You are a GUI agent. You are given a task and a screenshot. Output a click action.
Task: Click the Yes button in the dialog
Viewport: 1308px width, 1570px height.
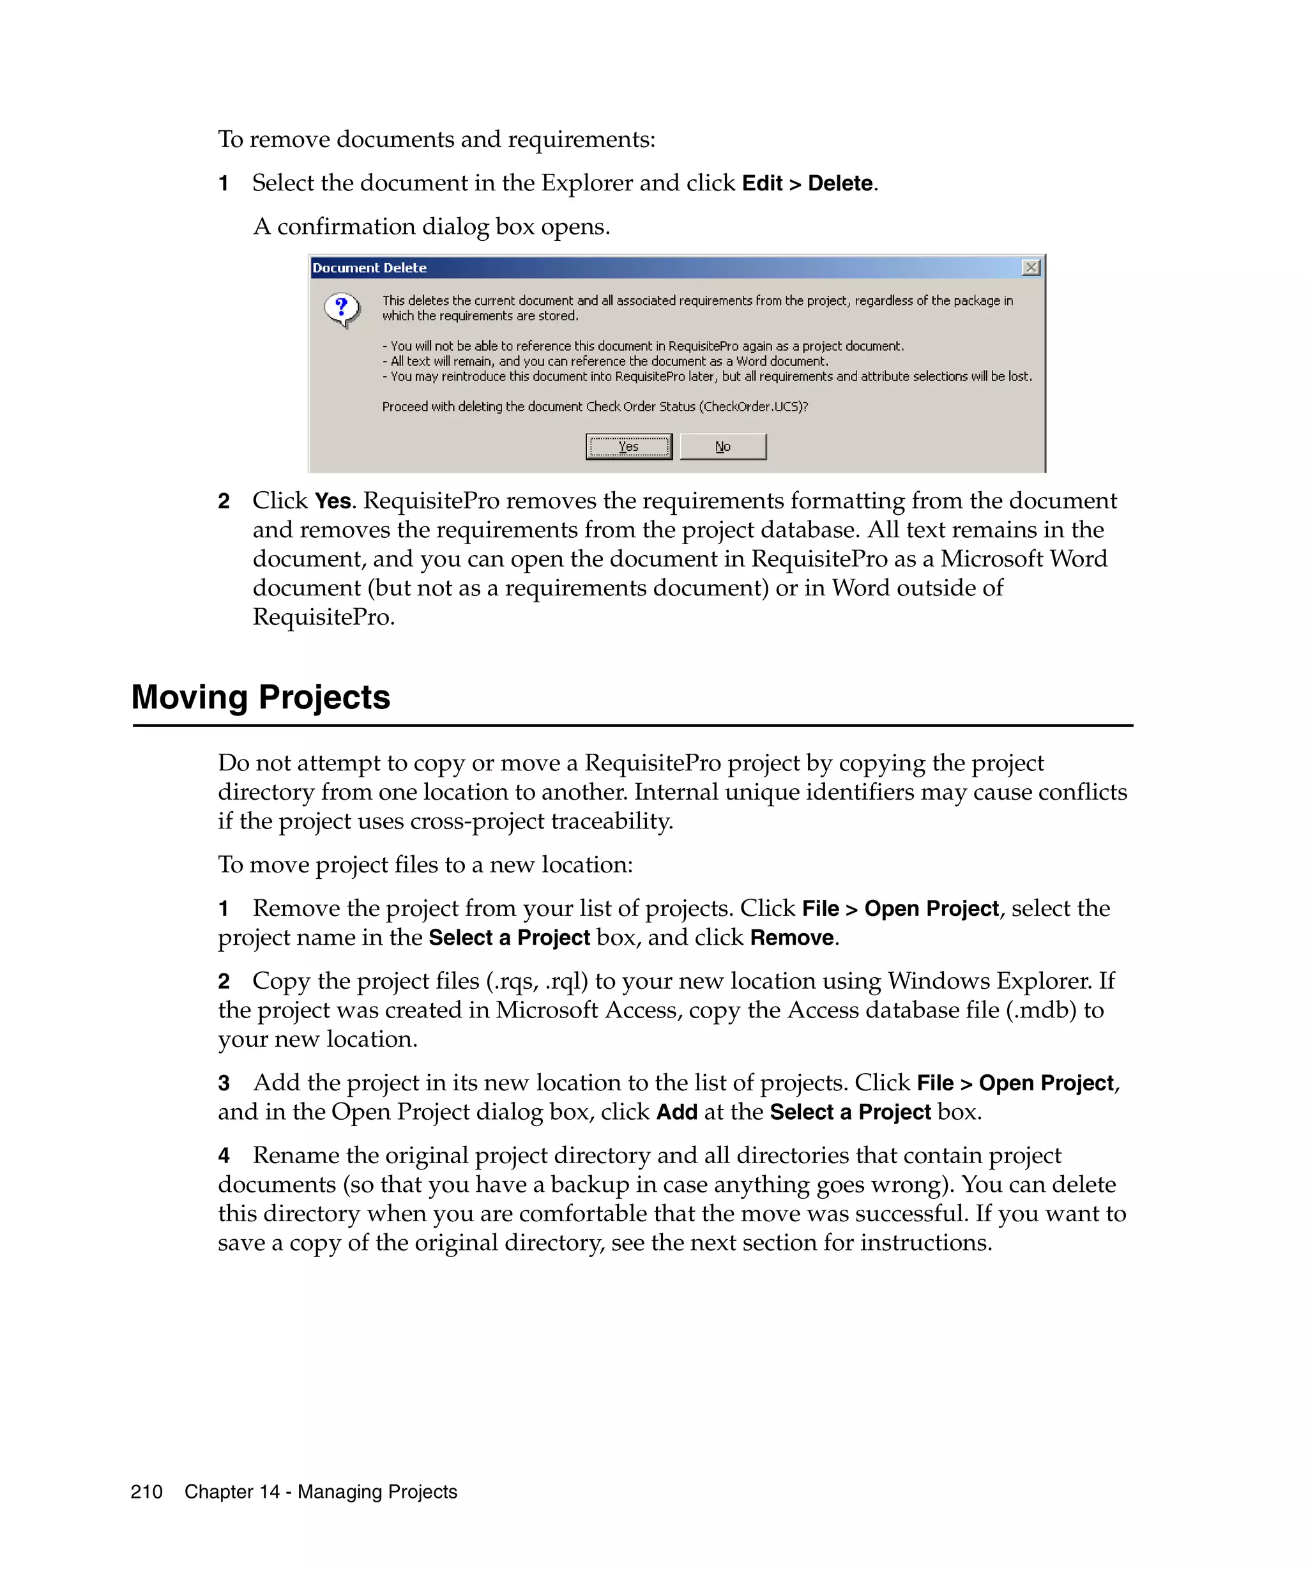(x=628, y=446)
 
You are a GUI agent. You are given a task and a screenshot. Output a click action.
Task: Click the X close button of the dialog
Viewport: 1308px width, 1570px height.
(x=1031, y=268)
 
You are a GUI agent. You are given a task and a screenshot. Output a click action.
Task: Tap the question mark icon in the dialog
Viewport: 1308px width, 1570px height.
(x=342, y=309)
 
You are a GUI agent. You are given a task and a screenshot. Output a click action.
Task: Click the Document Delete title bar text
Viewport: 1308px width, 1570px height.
(x=369, y=268)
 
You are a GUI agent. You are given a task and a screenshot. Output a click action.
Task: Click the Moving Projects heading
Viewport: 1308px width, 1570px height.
(x=261, y=697)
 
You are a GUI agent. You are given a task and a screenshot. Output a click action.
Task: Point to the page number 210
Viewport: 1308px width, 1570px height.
(x=146, y=1491)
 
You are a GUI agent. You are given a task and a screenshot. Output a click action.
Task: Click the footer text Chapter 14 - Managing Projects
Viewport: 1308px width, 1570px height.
(x=321, y=1491)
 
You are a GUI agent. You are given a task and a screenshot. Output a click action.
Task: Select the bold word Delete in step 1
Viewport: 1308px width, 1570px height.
(x=839, y=183)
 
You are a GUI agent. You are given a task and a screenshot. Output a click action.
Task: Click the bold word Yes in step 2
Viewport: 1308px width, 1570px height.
(x=333, y=501)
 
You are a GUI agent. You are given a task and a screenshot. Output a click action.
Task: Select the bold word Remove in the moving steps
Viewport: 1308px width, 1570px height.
(x=791, y=938)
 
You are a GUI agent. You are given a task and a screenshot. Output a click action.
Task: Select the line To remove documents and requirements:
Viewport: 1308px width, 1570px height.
(x=436, y=140)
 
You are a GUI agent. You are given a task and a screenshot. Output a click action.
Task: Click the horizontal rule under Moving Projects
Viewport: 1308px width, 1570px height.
(x=632, y=725)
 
